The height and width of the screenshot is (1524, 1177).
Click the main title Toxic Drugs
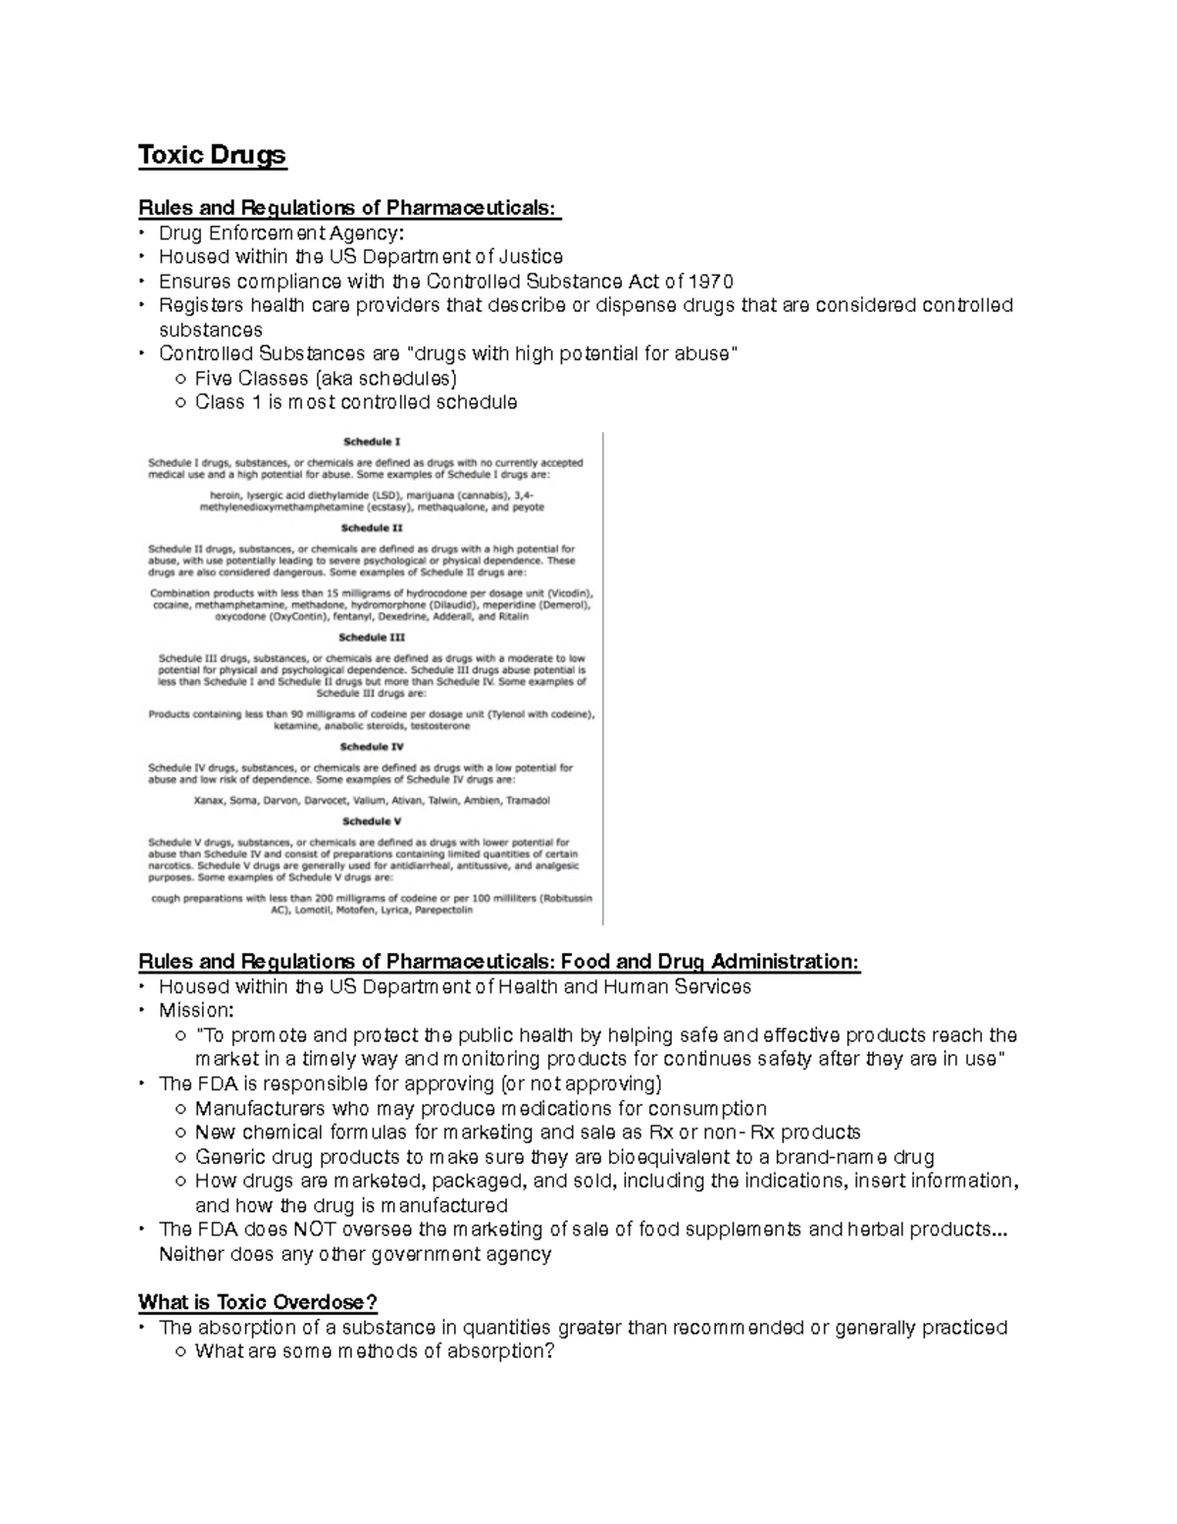pos(212,155)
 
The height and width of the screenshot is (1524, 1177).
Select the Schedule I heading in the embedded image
pos(371,442)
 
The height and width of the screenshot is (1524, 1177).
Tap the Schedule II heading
pos(371,527)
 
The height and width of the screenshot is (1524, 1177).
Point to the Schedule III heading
pos(371,637)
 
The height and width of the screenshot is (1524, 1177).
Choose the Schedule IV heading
pos(371,747)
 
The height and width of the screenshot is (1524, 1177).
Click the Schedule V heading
pos(371,821)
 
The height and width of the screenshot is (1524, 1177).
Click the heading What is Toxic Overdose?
pos(257,1302)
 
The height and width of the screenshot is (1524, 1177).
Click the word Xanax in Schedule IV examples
pos(210,800)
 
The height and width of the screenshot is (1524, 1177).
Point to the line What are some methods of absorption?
pos(375,1351)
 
